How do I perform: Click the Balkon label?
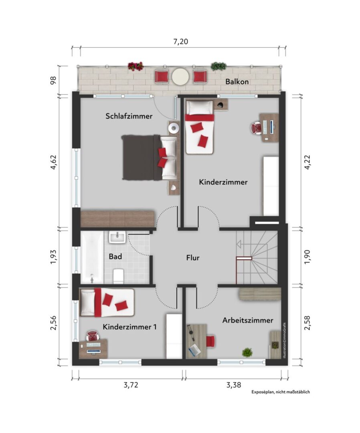tap(237, 82)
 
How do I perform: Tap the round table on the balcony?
tap(180, 76)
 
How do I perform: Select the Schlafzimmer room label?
tap(129, 116)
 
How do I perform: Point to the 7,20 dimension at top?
tap(180, 42)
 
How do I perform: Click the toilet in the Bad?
tap(118, 275)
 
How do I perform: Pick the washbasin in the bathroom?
tap(117, 237)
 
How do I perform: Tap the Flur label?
tap(193, 258)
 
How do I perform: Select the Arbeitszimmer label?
tap(248, 320)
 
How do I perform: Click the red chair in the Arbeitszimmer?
tap(210, 341)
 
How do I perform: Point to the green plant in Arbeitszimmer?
tap(247, 352)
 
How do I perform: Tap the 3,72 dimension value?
tap(131, 385)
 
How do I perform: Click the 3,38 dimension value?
tap(234, 385)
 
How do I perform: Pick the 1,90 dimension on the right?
tap(307, 257)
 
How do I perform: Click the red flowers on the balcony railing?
tap(135, 66)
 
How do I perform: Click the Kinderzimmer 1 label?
tap(129, 327)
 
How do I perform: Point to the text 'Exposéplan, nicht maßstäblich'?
tap(281, 392)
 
